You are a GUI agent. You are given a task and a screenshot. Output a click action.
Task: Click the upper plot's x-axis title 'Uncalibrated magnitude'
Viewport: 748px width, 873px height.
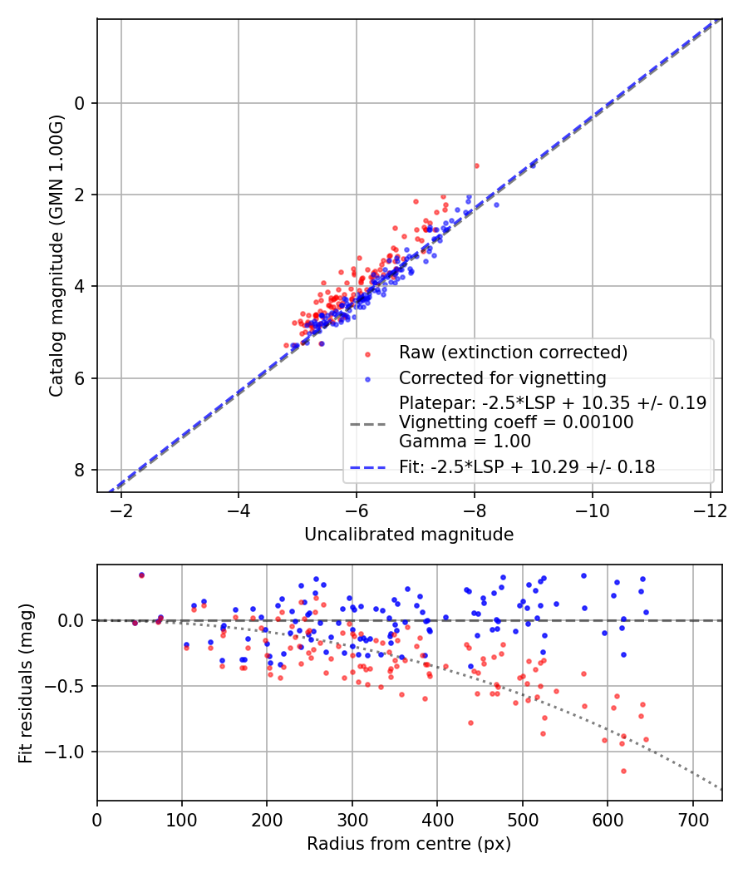coord(409,535)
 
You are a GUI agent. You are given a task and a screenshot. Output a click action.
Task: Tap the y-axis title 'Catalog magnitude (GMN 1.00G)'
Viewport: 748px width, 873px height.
coord(56,254)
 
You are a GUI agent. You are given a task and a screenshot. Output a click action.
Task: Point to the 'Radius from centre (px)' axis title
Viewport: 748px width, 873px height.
coord(409,844)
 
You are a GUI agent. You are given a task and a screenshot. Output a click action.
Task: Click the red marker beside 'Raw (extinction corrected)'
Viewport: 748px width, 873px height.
coord(367,353)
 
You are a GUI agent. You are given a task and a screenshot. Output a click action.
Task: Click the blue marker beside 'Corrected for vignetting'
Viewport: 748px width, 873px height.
coord(367,377)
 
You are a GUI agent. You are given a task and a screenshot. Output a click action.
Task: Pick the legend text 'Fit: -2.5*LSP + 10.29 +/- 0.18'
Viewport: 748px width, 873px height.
coord(527,467)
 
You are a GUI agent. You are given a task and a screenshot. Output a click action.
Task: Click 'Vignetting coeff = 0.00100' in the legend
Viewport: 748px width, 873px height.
coord(516,422)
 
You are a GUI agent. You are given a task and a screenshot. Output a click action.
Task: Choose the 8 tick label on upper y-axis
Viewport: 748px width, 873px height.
coord(80,471)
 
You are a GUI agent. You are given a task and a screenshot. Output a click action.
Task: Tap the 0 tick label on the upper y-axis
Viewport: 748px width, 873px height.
coord(80,103)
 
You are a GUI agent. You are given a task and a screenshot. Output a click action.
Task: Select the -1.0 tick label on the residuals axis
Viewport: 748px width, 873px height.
coord(69,752)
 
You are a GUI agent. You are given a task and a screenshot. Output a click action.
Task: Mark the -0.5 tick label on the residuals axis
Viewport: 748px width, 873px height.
coord(69,686)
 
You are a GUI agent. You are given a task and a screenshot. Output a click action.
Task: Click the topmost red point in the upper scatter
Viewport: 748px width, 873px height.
coord(476,165)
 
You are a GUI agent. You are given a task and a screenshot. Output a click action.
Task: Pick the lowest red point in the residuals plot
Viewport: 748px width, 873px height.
coord(623,771)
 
